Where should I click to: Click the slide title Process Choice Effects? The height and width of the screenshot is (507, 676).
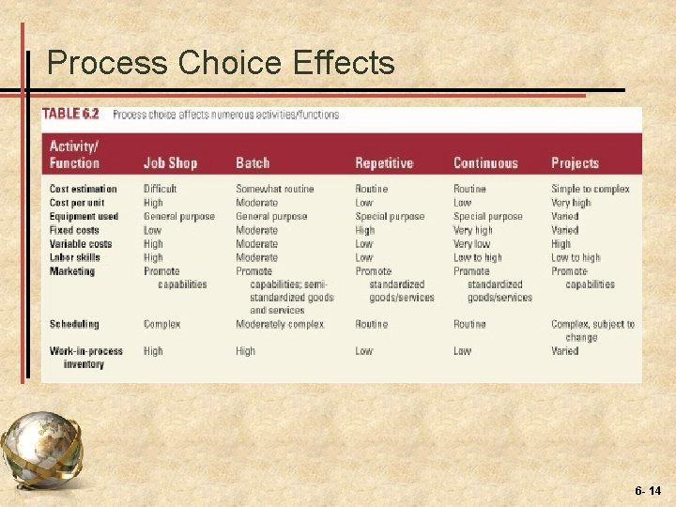click(221, 63)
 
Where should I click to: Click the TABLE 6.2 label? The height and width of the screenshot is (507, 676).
click(70, 115)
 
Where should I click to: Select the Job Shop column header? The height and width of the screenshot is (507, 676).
click(170, 163)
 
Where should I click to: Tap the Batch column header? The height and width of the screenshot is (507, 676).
click(253, 163)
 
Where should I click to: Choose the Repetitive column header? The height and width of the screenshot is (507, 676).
click(384, 163)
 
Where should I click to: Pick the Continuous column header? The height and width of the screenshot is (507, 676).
click(485, 163)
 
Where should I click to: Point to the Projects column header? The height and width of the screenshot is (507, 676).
click(575, 163)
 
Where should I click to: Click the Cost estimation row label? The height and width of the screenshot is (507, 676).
click(84, 190)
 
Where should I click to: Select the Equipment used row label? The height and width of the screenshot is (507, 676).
click(84, 217)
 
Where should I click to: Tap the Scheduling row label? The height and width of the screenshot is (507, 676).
click(74, 325)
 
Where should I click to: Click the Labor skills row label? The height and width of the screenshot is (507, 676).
click(74, 257)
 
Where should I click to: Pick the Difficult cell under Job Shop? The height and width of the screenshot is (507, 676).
click(161, 190)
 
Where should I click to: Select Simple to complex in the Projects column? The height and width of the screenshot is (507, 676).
click(591, 190)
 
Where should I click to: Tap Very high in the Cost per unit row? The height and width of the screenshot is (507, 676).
click(571, 203)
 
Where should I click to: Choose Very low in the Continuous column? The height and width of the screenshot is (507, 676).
click(471, 244)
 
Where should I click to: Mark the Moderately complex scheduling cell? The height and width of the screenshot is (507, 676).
click(280, 325)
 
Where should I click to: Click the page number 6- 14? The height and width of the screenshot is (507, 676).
click(648, 491)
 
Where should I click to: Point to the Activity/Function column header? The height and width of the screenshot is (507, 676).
click(74, 155)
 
